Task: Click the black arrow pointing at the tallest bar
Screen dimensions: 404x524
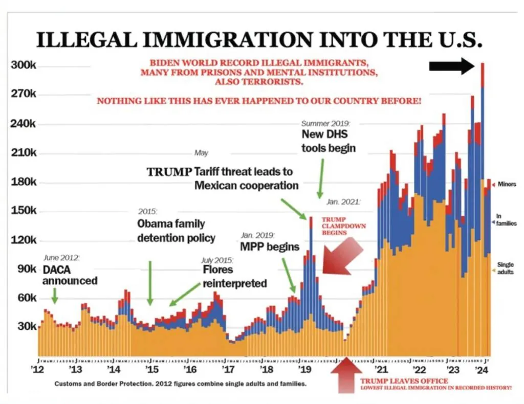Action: point(452,66)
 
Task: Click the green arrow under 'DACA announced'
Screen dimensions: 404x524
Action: point(55,296)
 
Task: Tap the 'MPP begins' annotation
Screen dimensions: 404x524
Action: point(270,247)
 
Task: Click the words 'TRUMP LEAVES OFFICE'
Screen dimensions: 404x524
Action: point(404,380)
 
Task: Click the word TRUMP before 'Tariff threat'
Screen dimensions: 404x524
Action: point(169,172)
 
